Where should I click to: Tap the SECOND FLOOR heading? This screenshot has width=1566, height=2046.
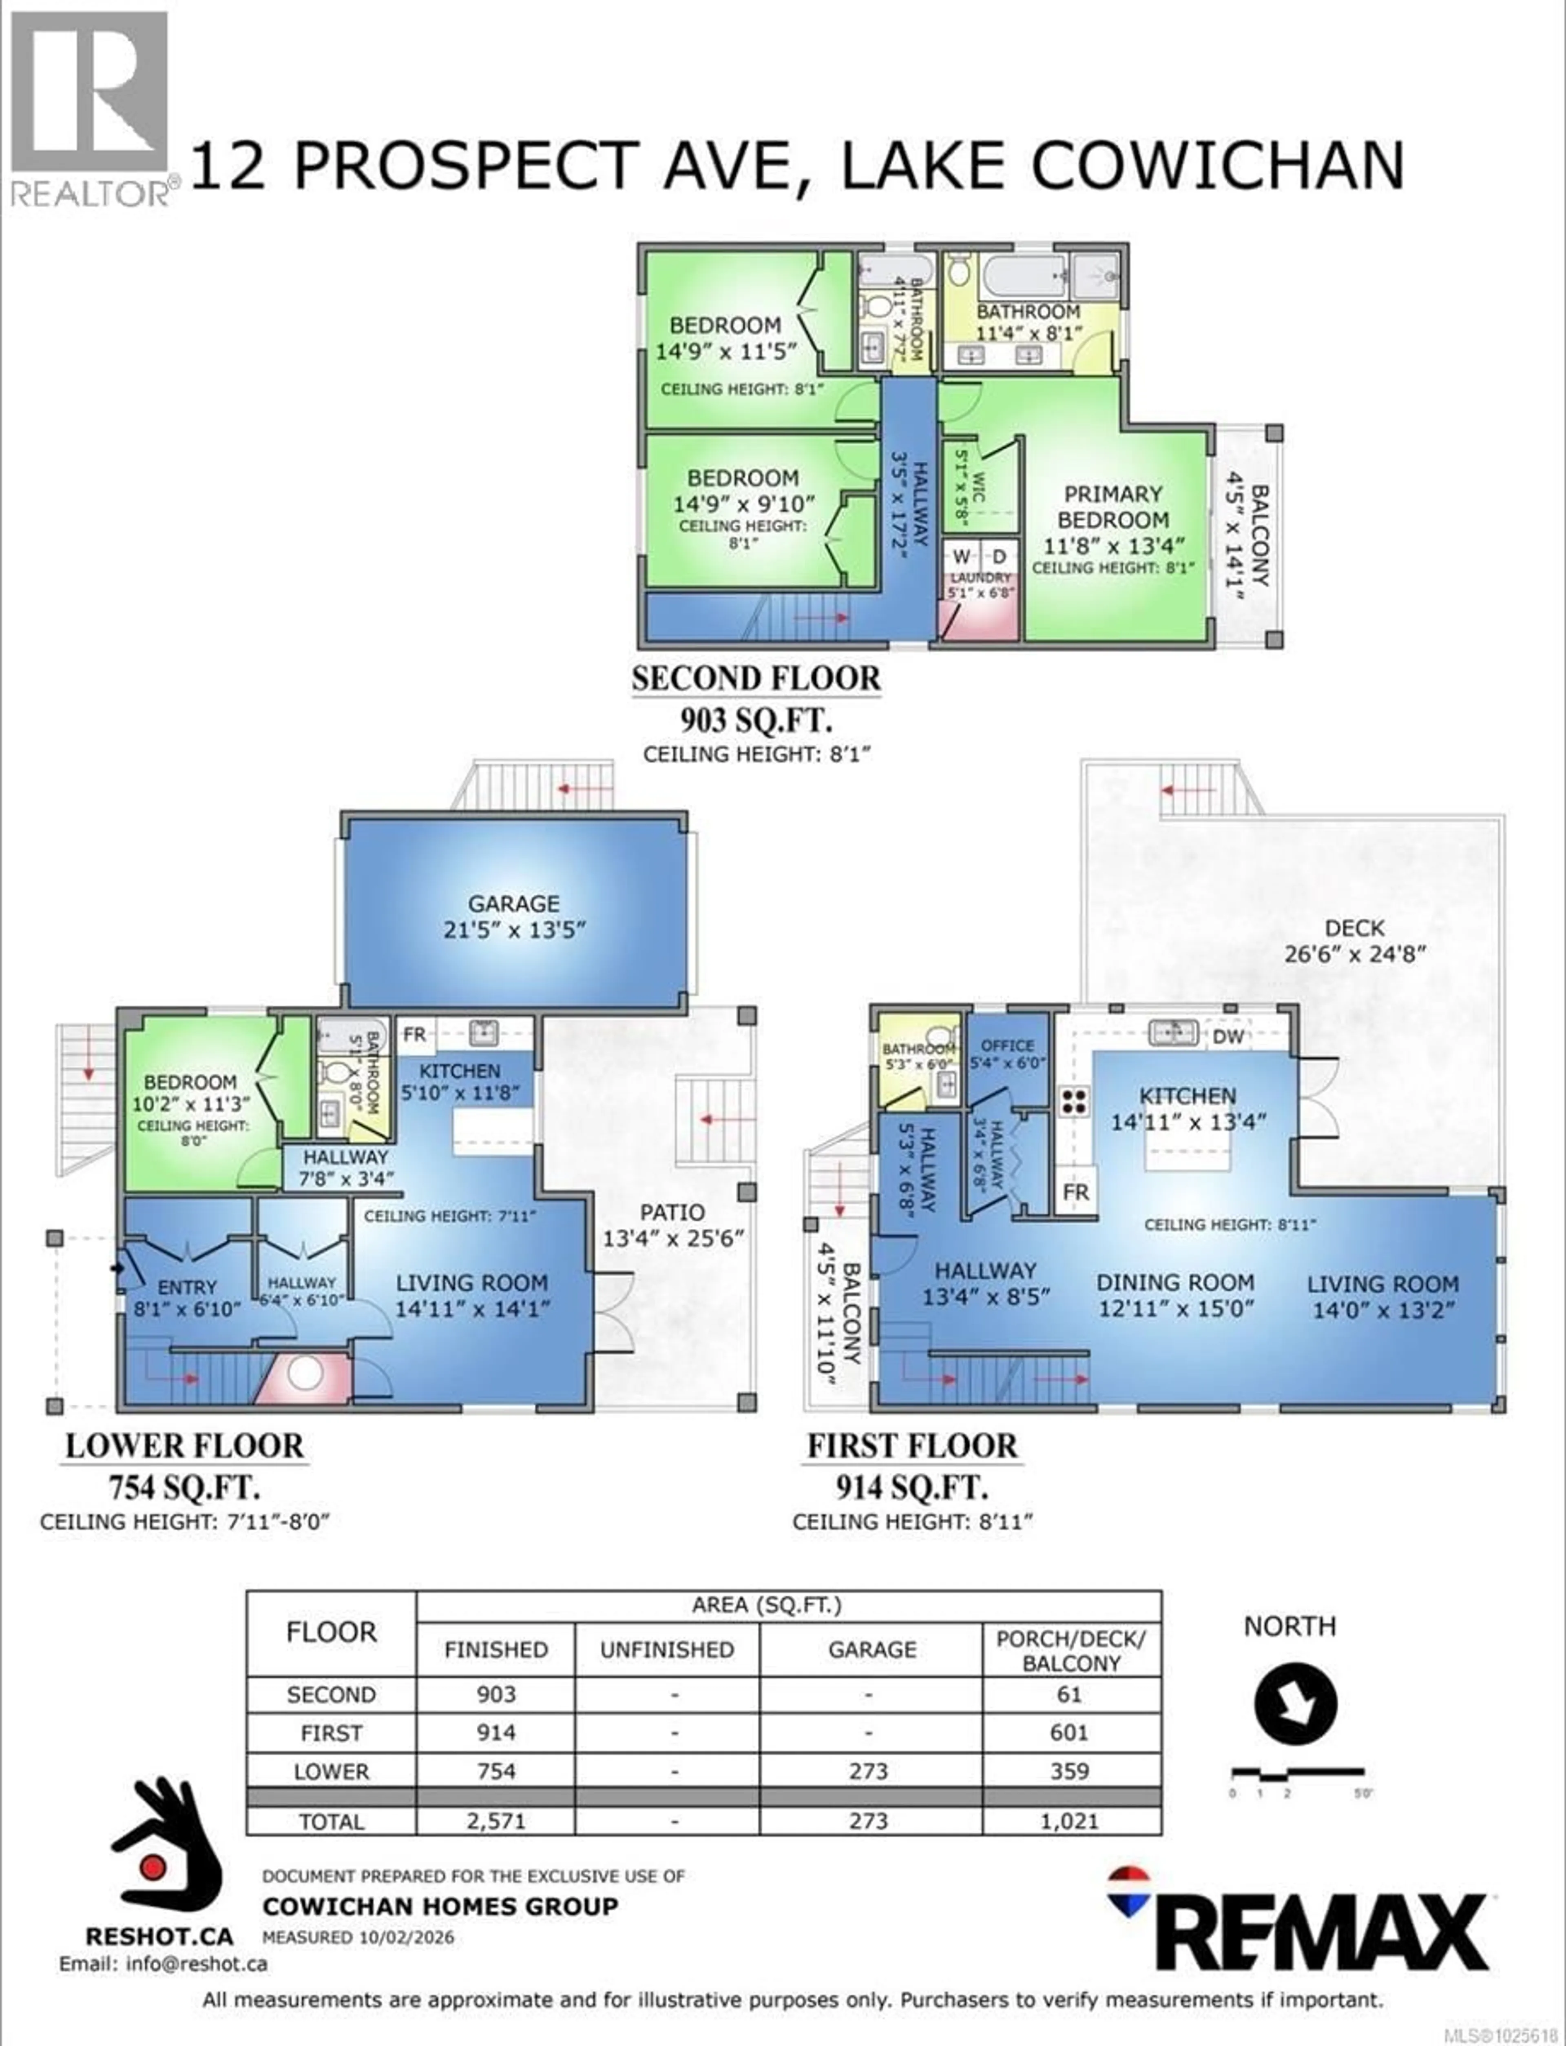(755, 678)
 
